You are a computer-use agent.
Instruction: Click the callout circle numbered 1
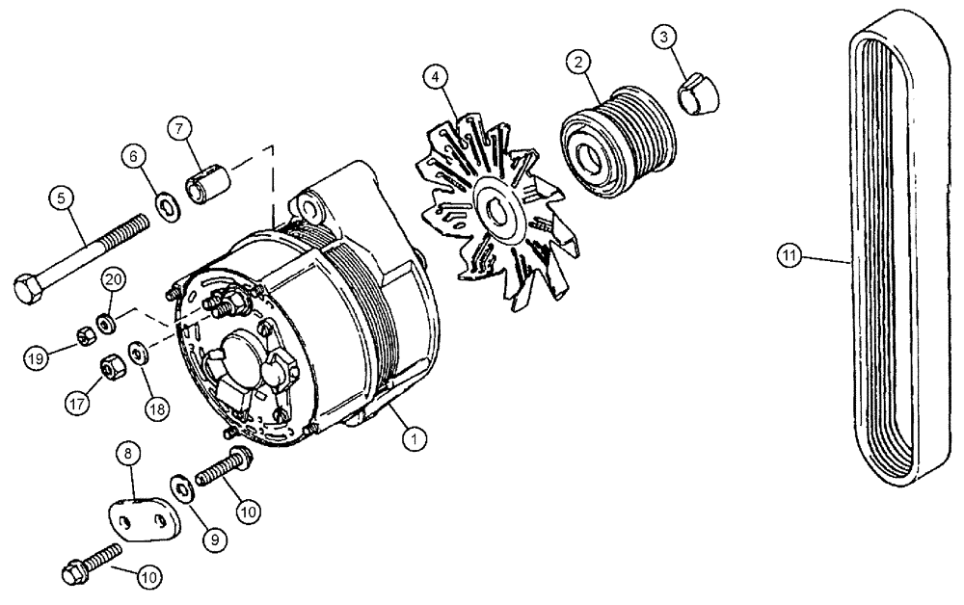(x=415, y=438)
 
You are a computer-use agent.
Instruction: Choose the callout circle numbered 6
(x=133, y=156)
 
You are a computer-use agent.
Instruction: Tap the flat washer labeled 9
(x=182, y=489)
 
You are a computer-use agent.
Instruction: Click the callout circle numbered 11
(x=790, y=255)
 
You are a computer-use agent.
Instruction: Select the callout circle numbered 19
(x=36, y=357)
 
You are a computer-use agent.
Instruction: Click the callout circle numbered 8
(x=129, y=454)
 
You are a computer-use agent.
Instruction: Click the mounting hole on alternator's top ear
(x=310, y=205)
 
